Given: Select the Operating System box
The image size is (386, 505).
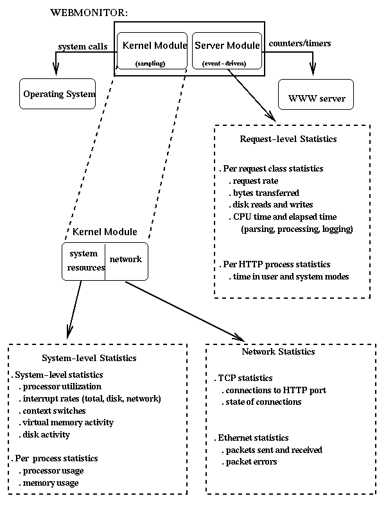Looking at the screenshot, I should point(59,94).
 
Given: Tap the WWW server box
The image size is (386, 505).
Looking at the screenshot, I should point(317,98).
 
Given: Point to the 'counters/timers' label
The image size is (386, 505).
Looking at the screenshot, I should point(299,44).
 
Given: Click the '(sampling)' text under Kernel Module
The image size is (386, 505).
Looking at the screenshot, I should point(150,64).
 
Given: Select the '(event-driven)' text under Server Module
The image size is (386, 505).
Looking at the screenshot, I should point(224,64).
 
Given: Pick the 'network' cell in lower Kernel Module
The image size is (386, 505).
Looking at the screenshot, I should point(126,259).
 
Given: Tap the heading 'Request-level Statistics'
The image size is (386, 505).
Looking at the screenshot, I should point(288,139).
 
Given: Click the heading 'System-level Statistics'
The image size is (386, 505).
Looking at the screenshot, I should point(88,358).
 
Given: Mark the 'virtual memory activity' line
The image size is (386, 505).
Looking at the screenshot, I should point(67,422).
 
